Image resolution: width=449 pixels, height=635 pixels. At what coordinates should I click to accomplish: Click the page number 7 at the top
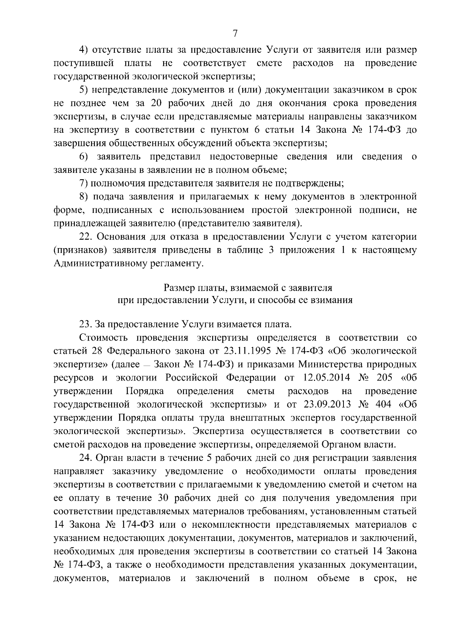point(235,33)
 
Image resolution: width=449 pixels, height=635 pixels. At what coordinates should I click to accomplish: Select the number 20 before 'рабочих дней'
point(156,103)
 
